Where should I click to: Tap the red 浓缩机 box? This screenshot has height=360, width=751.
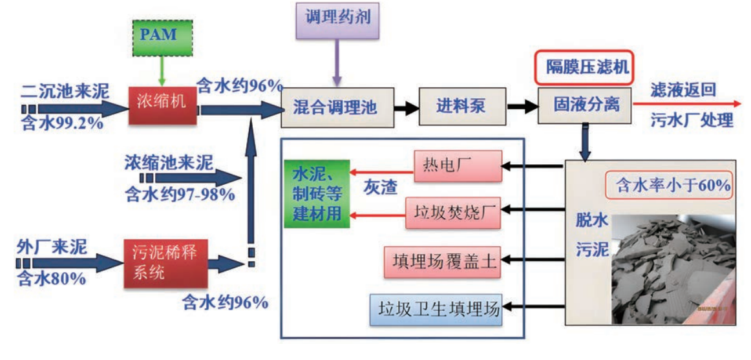pos(160,104)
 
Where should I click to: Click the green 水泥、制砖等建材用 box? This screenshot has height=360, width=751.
pos(317,194)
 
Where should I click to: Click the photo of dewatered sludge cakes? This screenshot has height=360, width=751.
pos(672,268)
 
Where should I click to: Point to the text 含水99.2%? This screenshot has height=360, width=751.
pos(61,123)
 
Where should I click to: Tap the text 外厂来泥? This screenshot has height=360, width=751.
pos(52,246)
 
